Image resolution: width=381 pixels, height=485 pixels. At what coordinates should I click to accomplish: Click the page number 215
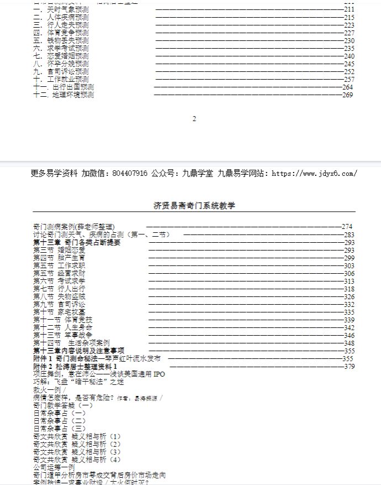click(x=349, y=18)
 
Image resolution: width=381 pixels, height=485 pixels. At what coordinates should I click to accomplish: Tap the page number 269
click(x=347, y=95)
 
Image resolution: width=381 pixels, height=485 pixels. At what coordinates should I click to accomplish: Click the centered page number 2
click(x=194, y=119)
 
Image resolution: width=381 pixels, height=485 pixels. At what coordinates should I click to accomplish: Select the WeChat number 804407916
click(x=129, y=173)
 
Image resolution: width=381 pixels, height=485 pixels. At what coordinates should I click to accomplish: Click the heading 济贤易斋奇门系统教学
click(x=194, y=206)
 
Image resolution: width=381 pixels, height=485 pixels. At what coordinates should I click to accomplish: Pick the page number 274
click(x=347, y=227)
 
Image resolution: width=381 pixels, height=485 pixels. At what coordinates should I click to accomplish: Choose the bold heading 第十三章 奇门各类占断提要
click(x=76, y=242)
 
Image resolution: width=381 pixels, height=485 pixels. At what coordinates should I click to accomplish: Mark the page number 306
click(x=349, y=274)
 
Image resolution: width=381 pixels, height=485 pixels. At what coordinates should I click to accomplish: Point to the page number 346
click(x=349, y=336)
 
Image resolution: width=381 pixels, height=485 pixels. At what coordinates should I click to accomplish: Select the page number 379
click(x=349, y=366)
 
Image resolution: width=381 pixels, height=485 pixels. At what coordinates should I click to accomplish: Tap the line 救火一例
click(x=49, y=389)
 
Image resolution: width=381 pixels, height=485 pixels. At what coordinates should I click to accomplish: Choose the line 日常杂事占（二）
click(x=59, y=420)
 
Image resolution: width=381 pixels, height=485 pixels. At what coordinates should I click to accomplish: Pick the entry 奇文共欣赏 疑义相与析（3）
click(x=77, y=451)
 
